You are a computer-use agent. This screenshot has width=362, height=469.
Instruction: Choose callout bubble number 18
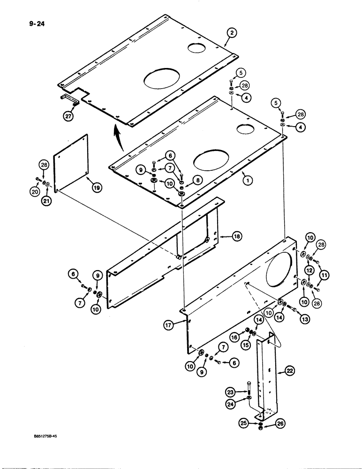pyautogui.click(x=236, y=237)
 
